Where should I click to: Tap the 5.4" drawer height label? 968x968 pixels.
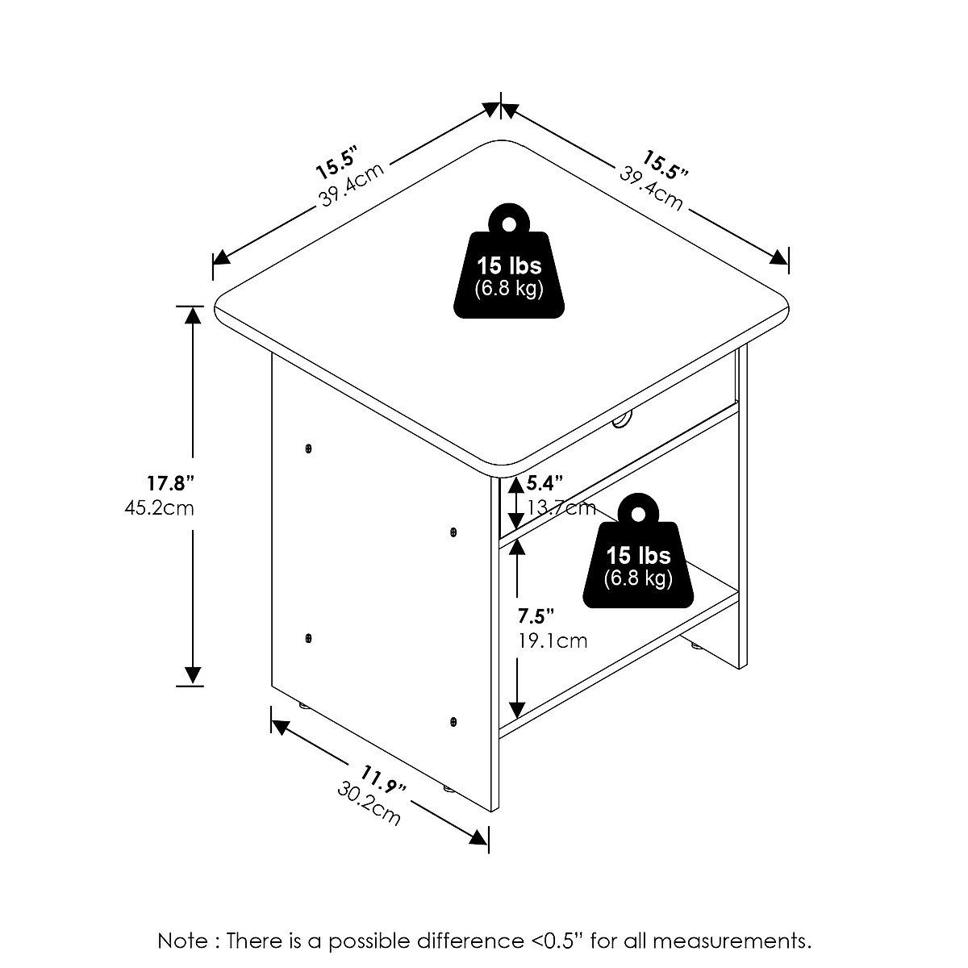point(544,484)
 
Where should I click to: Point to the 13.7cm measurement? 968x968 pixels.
point(561,507)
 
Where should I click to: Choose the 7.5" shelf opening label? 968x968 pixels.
point(536,617)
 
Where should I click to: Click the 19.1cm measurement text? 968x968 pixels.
point(553,641)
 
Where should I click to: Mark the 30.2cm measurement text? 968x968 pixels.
point(369,804)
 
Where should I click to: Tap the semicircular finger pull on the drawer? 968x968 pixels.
point(622,419)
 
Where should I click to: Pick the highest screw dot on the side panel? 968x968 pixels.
point(309,448)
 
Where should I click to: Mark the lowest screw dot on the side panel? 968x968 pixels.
point(453,720)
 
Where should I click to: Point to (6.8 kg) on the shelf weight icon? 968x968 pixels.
point(638,578)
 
